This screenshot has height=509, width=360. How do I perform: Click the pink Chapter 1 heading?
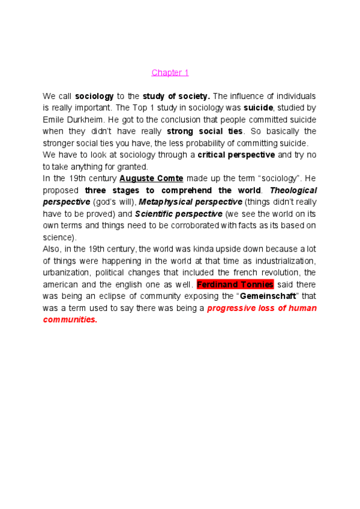pyautogui.click(x=170, y=73)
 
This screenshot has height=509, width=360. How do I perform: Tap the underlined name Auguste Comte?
pyautogui.click(x=151, y=178)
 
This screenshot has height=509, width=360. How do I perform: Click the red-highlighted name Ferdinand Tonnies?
pyautogui.click(x=235, y=284)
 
